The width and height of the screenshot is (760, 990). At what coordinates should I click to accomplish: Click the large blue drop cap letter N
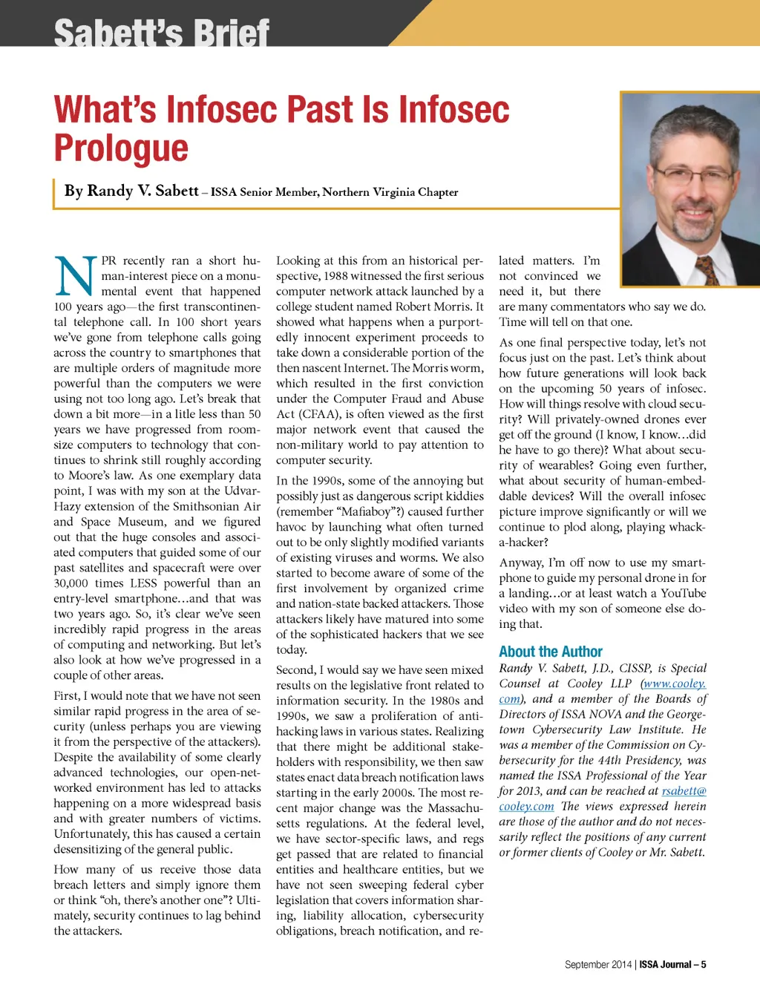point(76,276)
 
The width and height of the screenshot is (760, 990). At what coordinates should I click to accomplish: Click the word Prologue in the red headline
point(121,148)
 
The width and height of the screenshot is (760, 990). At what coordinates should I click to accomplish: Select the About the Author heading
point(550,652)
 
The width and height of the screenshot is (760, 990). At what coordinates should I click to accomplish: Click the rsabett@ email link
point(684,791)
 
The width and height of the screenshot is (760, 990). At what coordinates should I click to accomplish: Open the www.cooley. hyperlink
point(674,684)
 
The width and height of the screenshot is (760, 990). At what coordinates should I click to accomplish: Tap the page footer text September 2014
point(597,965)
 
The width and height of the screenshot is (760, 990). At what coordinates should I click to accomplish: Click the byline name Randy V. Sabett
point(131,191)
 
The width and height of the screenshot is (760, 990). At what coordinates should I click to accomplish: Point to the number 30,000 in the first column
point(71,583)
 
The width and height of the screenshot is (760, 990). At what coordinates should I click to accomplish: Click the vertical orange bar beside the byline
point(55,193)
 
